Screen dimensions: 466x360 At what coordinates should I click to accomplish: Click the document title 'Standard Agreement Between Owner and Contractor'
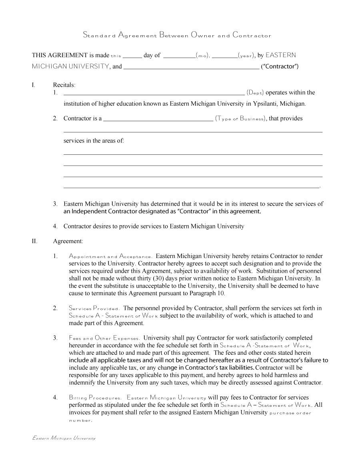tap(177, 35)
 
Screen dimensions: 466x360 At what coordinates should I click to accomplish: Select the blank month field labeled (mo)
tap(179, 56)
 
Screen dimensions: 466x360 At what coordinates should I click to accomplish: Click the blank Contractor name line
tap(191, 68)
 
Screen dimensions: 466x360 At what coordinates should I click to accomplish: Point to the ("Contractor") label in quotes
tap(280, 66)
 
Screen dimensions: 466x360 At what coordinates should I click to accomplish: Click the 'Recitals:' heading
tap(64, 84)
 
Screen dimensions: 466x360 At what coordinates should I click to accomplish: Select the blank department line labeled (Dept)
tap(154, 93)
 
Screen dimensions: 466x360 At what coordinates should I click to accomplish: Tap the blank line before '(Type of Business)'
tap(158, 119)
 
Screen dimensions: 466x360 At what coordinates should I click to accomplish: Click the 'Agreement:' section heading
tap(68, 241)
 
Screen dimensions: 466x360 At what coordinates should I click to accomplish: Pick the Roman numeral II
tap(34, 241)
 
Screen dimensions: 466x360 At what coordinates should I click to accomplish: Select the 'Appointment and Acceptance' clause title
tap(110, 256)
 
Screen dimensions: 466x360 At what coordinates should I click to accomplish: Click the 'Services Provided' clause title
tap(94, 308)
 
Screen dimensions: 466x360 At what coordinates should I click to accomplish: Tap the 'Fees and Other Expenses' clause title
tap(104, 338)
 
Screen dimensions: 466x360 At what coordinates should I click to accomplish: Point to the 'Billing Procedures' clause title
tap(95, 398)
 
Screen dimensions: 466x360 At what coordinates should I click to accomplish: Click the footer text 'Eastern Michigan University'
tap(64, 438)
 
